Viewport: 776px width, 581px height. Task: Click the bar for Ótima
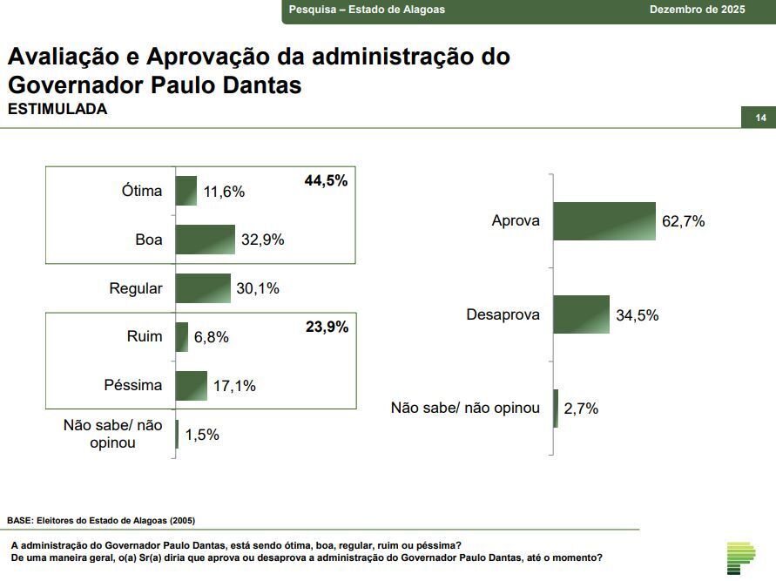click(x=186, y=191)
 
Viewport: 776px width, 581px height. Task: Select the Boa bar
click(x=206, y=240)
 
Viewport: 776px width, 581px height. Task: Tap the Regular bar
click(x=203, y=288)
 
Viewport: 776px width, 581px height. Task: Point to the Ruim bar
click(x=181, y=337)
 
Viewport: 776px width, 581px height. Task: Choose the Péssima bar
click(x=192, y=386)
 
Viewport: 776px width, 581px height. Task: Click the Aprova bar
click(x=604, y=221)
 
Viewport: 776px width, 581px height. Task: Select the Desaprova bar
click(x=581, y=315)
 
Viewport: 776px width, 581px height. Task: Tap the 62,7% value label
click(x=684, y=221)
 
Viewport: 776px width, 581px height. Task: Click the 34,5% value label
click(x=638, y=315)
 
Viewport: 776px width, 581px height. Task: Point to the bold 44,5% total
click(x=326, y=181)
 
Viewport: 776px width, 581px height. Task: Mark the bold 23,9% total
click(x=327, y=328)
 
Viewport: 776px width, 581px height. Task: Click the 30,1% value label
click(x=258, y=288)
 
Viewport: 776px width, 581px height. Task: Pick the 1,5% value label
click(x=203, y=434)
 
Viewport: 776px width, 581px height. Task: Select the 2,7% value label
click(x=581, y=408)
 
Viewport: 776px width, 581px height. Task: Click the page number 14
click(x=760, y=118)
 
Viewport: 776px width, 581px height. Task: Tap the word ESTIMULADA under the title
click(x=57, y=110)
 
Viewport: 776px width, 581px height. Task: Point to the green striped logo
click(x=741, y=557)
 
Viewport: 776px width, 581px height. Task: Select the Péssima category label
click(x=133, y=385)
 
